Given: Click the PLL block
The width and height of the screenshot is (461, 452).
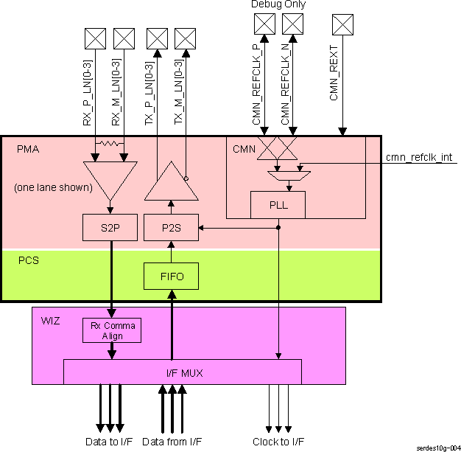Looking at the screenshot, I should click(x=278, y=204).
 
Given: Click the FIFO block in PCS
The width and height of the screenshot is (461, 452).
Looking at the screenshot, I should click(x=171, y=277).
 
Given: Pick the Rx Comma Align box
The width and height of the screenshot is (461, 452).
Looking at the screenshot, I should click(x=110, y=330).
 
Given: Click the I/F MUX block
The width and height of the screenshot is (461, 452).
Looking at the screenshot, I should click(x=183, y=372).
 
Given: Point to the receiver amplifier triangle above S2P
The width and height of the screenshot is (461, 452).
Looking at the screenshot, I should click(x=110, y=180).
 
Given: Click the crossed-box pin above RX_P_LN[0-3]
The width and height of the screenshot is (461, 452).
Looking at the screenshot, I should click(x=96, y=37).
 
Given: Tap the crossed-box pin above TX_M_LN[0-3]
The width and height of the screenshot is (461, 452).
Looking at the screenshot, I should click(x=185, y=37).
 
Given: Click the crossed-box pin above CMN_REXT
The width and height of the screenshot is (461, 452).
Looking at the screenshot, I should click(x=342, y=24).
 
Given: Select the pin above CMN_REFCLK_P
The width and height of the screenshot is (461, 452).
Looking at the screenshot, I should click(x=264, y=24).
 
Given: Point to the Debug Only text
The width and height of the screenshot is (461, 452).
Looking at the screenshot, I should click(x=278, y=4).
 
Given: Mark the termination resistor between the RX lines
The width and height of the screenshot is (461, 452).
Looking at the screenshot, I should click(x=110, y=143).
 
